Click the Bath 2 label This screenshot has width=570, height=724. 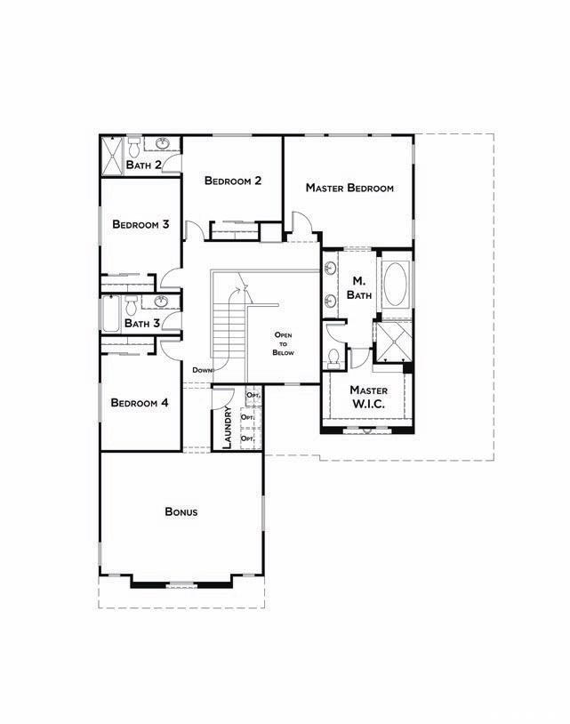[x=143, y=165]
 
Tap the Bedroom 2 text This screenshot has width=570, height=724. [x=233, y=181]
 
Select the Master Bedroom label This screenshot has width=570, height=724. [x=349, y=188]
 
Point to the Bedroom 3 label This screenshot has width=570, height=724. [x=140, y=224]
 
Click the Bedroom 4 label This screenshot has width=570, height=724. [x=140, y=403]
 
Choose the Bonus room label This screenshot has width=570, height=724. [x=181, y=511]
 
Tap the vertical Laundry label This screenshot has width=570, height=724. [x=227, y=428]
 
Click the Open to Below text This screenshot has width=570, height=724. [x=283, y=343]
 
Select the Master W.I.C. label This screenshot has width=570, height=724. [x=368, y=397]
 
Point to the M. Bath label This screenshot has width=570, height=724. [x=359, y=288]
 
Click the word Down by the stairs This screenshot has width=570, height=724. [x=203, y=370]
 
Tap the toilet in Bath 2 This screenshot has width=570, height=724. [x=134, y=148]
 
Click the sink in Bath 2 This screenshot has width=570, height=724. [x=162, y=143]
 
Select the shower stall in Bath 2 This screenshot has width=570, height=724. [x=112, y=156]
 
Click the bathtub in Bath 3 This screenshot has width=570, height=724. [x=111, y=313]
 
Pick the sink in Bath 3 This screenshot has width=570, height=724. [x=161, y=302]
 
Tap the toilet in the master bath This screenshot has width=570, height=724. [x=333, y=358]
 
